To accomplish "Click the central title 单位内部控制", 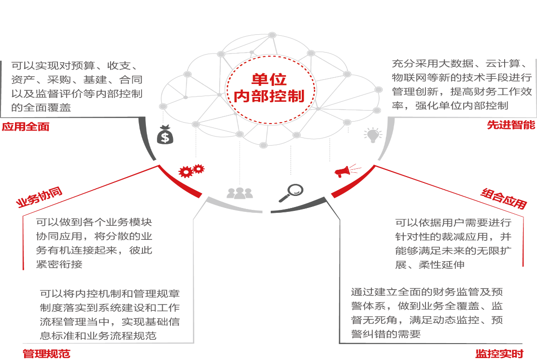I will pos(269,87).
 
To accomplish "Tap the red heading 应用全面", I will pos(25,127).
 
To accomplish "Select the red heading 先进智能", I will pos(511,125).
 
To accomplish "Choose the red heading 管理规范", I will pos(46,354).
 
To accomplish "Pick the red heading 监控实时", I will pos(499,354).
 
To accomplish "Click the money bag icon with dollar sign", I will pos(165,135).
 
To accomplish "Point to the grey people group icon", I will pos(240,193).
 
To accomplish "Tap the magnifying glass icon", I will pos(290,193).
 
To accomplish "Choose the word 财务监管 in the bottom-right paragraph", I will pos(450,292).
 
